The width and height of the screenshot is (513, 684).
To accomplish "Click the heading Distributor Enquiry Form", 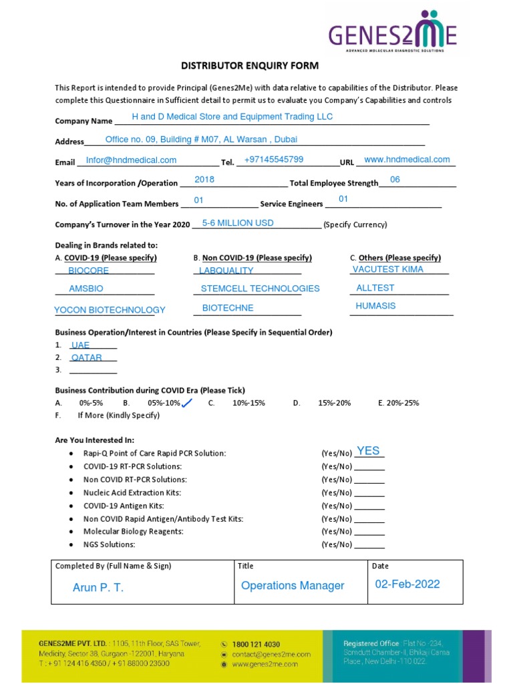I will tap(250, 65).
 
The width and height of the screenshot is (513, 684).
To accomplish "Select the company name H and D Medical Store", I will tap(232, 117).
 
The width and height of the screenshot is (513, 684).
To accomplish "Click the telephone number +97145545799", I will tap(274, 160).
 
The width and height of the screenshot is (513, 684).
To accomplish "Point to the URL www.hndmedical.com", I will tap(407, 160).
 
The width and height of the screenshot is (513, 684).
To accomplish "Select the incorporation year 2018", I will tap(204, 180).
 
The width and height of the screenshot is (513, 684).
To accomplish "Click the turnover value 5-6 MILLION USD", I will tap(238, 223).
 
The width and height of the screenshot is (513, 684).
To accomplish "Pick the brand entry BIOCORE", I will tap(88, 271).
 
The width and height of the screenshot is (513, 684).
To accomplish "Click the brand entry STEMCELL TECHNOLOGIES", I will tap(260, 289).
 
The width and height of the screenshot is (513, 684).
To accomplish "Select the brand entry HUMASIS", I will tap(375, 306).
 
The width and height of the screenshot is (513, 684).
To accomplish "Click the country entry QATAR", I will tap(87, 358).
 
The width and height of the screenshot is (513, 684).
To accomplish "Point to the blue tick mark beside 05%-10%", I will tap(187, 403).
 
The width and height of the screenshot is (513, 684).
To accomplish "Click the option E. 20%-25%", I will tap(399, 403).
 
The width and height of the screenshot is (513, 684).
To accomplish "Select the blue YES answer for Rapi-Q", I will tap(368, 451).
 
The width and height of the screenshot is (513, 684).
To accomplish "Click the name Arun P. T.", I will tap(98, 588).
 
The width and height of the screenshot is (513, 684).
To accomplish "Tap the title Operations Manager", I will tap(293, 586).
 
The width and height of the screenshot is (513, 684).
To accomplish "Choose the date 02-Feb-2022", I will tap(407, 584).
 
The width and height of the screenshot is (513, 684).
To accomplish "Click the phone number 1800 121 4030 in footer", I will tap(256, 644).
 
